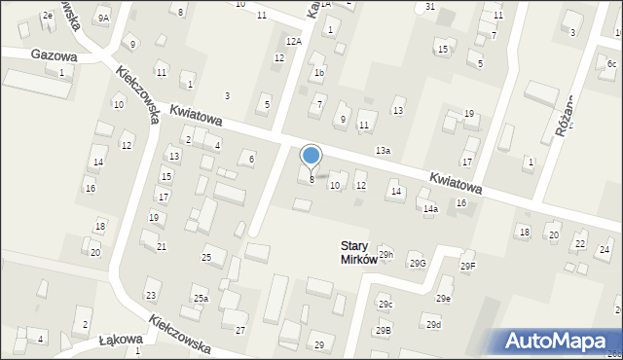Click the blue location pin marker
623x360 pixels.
click(x=311, y=157)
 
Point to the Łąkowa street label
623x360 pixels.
click(x=122, y=341)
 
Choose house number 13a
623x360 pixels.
click(x=384, y=150)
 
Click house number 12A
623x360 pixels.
click(x=293, y=41)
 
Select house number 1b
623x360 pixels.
click(x=318, y=74)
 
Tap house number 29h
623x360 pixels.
click(x=386, y=254)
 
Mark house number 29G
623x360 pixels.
click(x=418, y=264)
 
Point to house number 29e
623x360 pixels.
click(x=444, y=298)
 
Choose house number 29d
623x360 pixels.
click(x=434, y=324)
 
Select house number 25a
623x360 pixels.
click(x=200, y=298)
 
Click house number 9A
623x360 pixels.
click(x=103, y=18)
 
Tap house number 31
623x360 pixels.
click(x=429, y=7)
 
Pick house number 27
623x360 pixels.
click(x=240, y=331)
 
